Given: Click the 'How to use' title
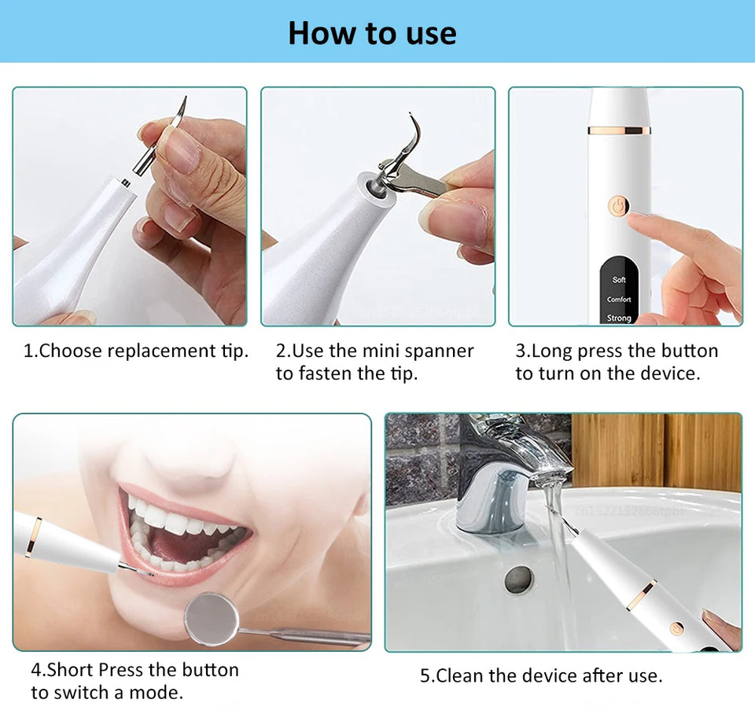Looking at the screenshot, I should (x=372, y=33).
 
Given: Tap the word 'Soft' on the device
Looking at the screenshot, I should (x=619, y=280).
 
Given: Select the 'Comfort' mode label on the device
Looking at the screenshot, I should (x=619, y=300).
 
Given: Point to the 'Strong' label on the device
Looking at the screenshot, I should (x=619, y=318).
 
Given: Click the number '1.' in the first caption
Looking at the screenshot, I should (x=31, y=351).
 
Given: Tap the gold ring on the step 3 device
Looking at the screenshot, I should (x=619, y=129).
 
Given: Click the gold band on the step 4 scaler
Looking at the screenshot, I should (x=32, y=536).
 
